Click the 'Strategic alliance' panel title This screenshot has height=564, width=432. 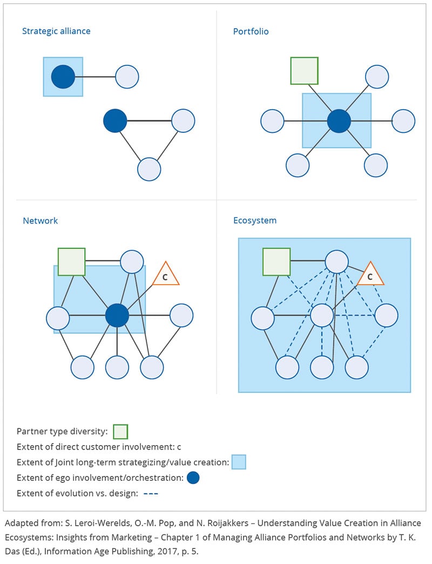[56, 31]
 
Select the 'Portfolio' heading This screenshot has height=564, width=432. [251, 31]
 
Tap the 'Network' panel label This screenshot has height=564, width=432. [40, 220]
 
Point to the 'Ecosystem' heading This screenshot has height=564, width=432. [255, 220]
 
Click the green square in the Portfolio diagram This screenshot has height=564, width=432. [305, 70]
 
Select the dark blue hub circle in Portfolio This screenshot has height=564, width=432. [339, 120]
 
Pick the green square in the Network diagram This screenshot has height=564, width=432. [72, 262]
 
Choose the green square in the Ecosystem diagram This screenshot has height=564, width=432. [276, 262]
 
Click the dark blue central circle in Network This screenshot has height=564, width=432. [117, 315]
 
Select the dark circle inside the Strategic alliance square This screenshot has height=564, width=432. [63, 77]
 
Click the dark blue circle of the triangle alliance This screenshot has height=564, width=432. [115, 120]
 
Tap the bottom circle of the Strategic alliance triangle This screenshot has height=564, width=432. [149, 169]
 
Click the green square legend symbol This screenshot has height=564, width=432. [121, 432]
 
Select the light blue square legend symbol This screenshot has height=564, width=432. [239, 462]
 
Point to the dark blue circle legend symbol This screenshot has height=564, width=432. [193, 478]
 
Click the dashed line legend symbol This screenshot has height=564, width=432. [151, 493]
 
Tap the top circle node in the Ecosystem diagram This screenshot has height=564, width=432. [336, 261]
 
